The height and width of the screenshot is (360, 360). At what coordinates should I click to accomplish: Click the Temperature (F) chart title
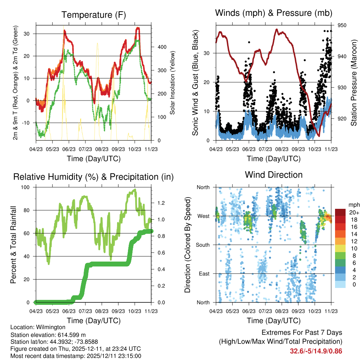94,15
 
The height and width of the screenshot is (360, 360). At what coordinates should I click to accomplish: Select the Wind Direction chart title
274,174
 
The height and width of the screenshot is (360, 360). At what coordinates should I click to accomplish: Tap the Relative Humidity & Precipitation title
94,177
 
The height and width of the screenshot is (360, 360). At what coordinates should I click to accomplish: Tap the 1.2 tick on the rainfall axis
161,203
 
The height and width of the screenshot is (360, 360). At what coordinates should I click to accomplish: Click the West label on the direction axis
203,216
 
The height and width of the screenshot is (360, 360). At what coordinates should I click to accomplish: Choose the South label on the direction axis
202,245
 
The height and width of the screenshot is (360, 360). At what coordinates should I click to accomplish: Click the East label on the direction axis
204,274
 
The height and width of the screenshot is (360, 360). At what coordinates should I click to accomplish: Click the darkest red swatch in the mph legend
341,212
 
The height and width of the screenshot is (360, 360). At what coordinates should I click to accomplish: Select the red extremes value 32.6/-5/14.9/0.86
316,351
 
